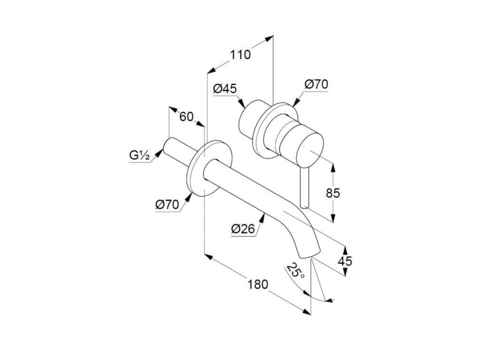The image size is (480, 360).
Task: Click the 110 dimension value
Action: [240, 54]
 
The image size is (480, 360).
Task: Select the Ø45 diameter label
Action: [225, 88]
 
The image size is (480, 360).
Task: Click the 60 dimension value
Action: [186, 116]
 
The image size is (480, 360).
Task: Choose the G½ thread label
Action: [139, 155]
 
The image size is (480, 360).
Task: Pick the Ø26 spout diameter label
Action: [243, 229]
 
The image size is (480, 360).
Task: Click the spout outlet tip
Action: [311, 254]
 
